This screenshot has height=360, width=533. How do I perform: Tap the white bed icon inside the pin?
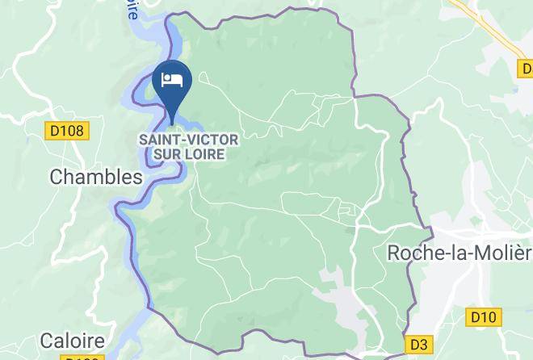[172, 79]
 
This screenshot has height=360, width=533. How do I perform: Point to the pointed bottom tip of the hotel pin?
[172, 123]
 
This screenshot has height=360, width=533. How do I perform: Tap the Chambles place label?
[96, 177]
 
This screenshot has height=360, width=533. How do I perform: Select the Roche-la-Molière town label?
[460, 253]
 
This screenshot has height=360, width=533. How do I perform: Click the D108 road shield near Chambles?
[66, 131]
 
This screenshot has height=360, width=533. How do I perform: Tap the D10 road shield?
[484, 317]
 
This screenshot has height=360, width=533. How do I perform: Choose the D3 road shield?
[418, 344]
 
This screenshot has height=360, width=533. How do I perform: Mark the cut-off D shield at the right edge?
[525, 70]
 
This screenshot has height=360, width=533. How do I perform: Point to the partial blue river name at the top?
[131, 10]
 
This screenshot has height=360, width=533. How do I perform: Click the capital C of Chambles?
[57, 177]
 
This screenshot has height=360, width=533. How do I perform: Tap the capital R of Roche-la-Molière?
[395, 253]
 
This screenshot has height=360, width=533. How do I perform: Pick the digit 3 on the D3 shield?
[423, 344]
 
